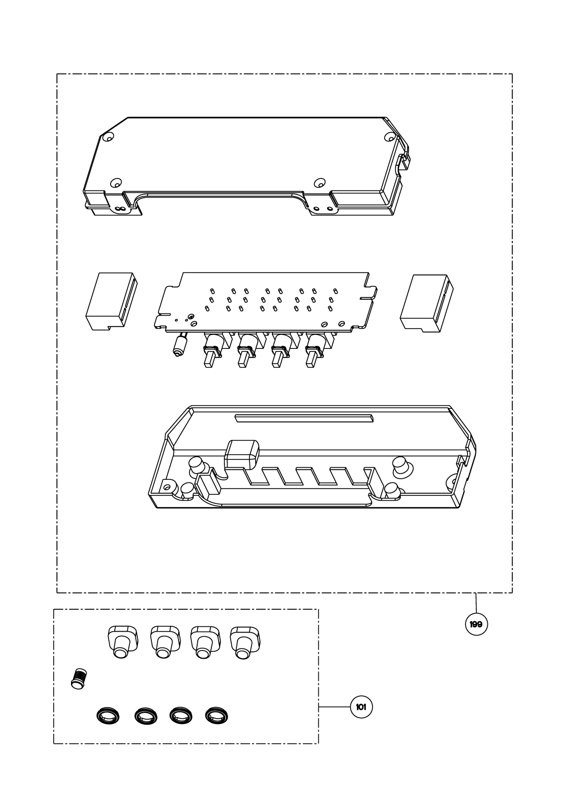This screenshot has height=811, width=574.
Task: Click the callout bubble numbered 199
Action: tap(476, 624)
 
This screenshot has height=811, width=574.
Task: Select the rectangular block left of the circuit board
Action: tap(111, 301)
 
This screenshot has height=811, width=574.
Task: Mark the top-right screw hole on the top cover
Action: tap(389, 138)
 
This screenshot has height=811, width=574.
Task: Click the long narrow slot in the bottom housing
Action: tap(304, 417)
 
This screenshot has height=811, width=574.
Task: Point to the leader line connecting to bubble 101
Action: tap(334, 707)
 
